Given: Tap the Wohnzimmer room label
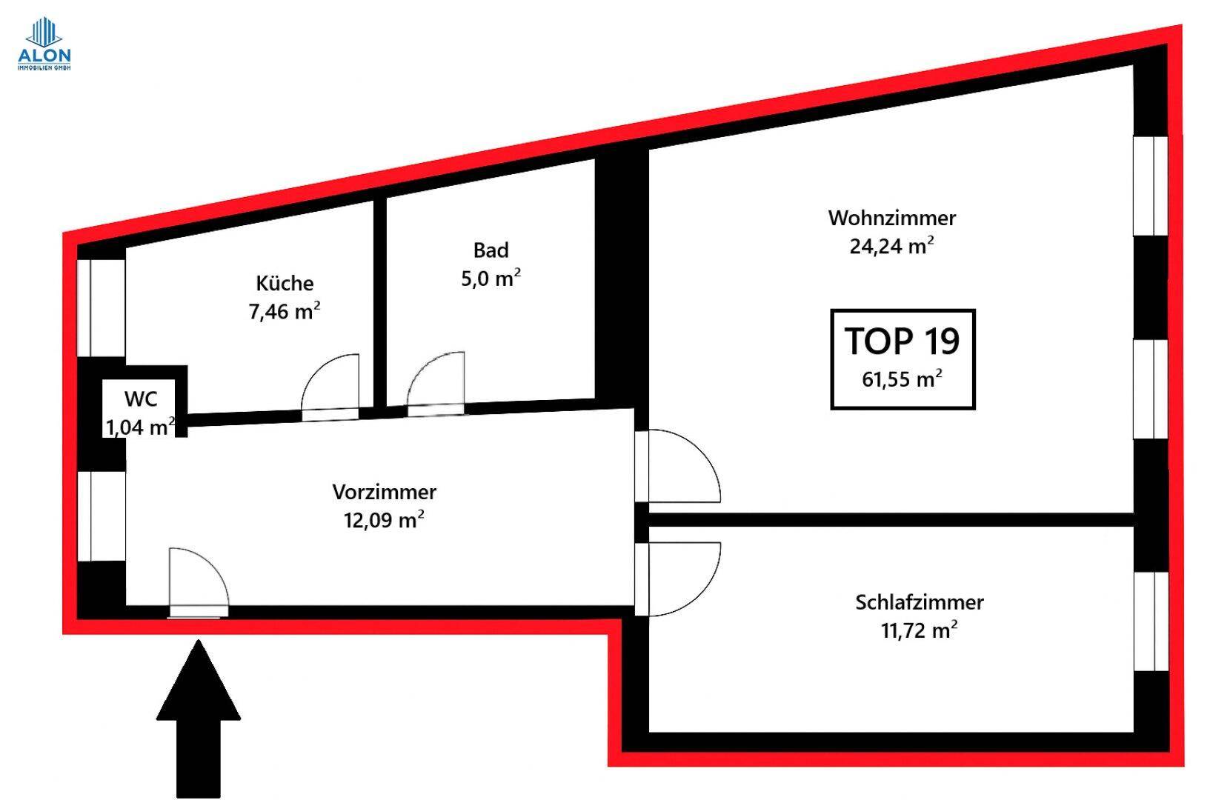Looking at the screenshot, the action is point(891,218).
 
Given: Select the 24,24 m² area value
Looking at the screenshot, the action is point(891,246).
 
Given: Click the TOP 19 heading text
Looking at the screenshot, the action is point(902,341).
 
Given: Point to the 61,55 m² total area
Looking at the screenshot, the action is point(901,379).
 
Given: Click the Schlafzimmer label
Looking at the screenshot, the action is point(919,602).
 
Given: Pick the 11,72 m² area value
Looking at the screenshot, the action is point(918,630).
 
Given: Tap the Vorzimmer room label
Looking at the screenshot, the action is point(384,492).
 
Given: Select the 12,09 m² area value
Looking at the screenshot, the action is point(383,520).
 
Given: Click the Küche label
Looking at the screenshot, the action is point(285,283).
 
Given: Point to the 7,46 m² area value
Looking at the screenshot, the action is point(284,311).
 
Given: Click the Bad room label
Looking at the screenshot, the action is point(491,250).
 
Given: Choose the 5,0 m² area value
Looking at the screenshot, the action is point(491,279).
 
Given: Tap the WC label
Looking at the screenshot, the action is point(140,399).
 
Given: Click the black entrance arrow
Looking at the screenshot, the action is point(199,719).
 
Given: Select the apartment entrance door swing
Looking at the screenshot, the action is point(196,581).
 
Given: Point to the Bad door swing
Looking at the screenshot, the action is point(436,382).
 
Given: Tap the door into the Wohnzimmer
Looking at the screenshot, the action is point(678,467).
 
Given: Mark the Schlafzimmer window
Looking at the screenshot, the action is point(1151,621).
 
